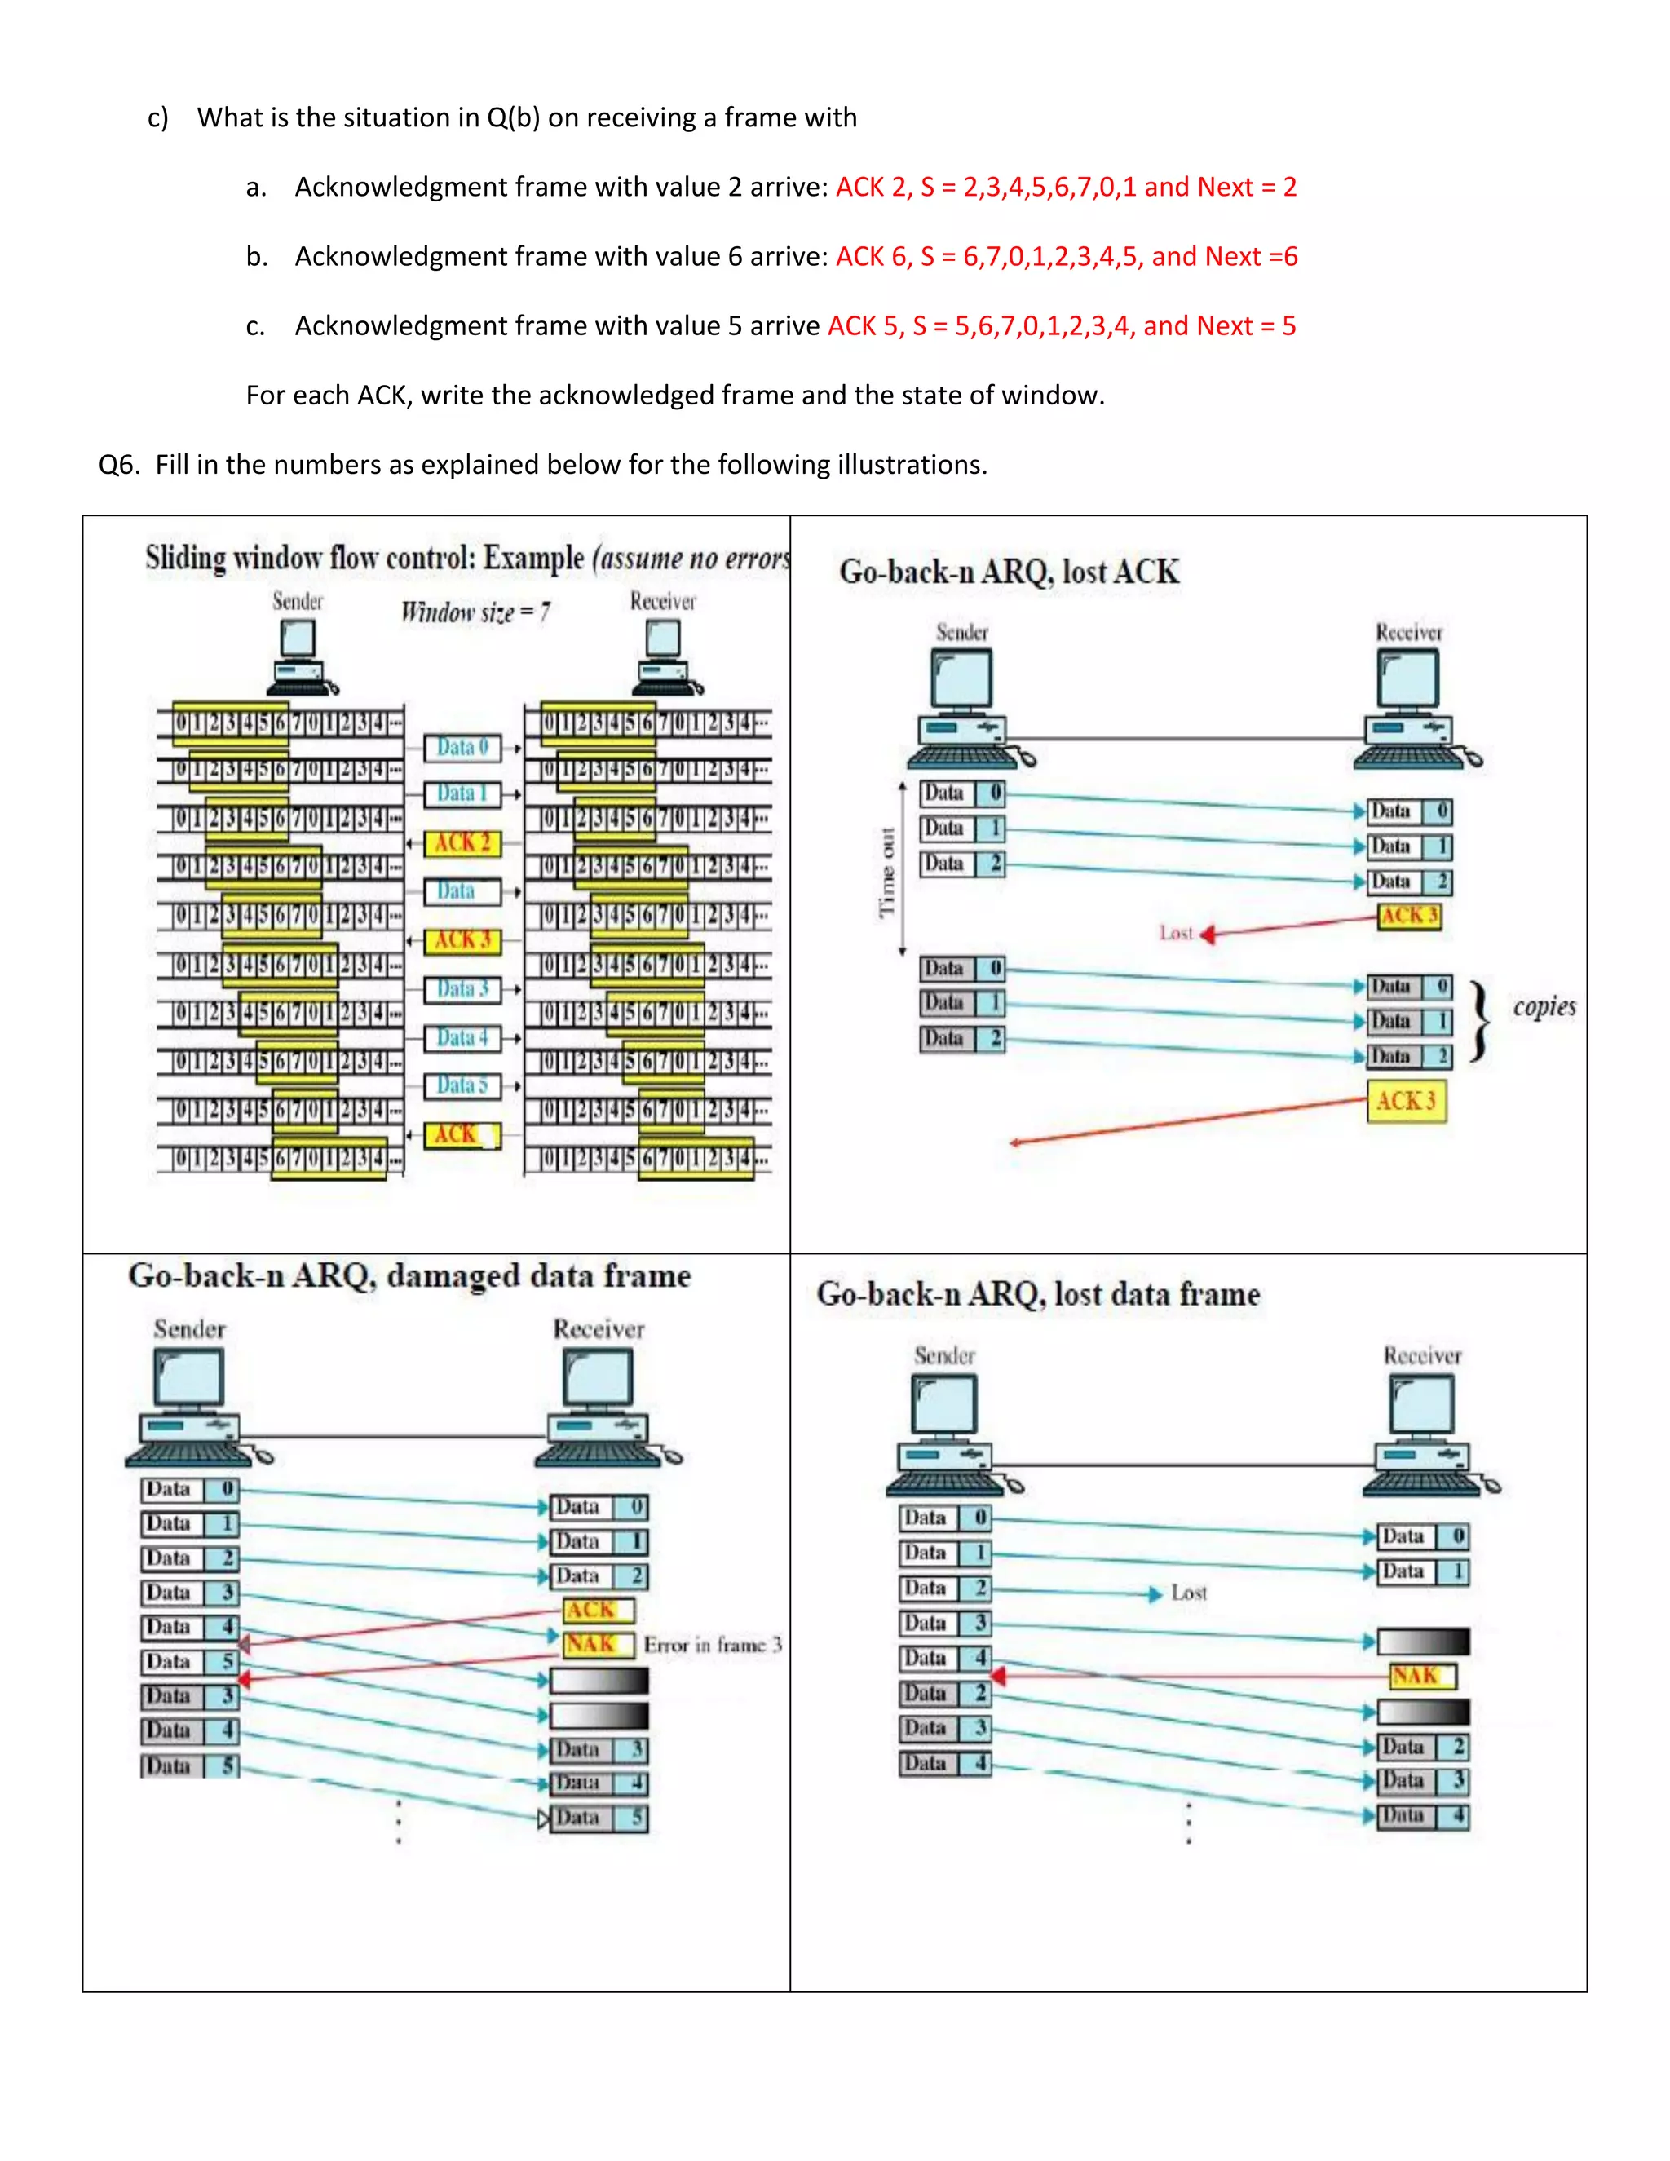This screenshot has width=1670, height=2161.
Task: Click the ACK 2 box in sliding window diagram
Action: click(462, 843)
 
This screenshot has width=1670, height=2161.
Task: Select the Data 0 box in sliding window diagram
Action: click(462, 747)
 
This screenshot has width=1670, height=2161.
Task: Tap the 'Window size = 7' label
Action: click(475, 612)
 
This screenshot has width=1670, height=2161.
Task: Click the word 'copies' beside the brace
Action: click(1544, 1007)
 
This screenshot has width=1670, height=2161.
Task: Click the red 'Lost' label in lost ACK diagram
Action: click(1177, 933)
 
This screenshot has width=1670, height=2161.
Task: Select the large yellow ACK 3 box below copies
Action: click(1406, 1101)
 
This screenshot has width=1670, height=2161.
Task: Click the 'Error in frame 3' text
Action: click(713, 1645)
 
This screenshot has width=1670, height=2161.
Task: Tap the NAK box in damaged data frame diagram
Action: click(597, 1643)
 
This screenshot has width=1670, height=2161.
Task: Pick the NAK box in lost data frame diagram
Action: click(1420, 1675)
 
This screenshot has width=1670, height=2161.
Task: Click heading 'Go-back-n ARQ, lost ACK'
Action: click(1010, 572)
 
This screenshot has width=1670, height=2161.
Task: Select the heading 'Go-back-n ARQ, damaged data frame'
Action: click(409, 1275)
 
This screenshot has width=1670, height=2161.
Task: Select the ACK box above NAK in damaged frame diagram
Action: click(597, 1610)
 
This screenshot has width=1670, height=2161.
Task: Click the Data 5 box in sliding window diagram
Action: click(462, 1085)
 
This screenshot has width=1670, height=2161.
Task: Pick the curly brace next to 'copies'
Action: click(1479, 1021)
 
